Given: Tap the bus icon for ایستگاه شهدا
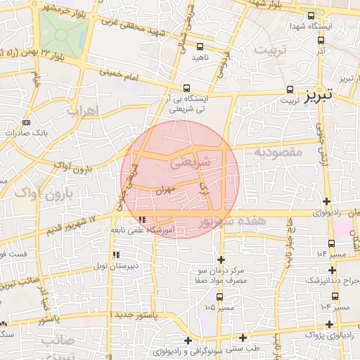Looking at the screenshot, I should (311, 15).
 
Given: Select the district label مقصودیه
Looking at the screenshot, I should (278, 152).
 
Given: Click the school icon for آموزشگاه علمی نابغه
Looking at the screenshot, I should (143, 221).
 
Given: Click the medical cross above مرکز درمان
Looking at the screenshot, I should (221, 260).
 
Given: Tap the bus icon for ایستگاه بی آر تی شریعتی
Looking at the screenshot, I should (186, 89).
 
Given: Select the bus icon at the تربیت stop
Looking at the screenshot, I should (290, 89).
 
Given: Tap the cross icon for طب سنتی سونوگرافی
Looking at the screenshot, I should (243, 339).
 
